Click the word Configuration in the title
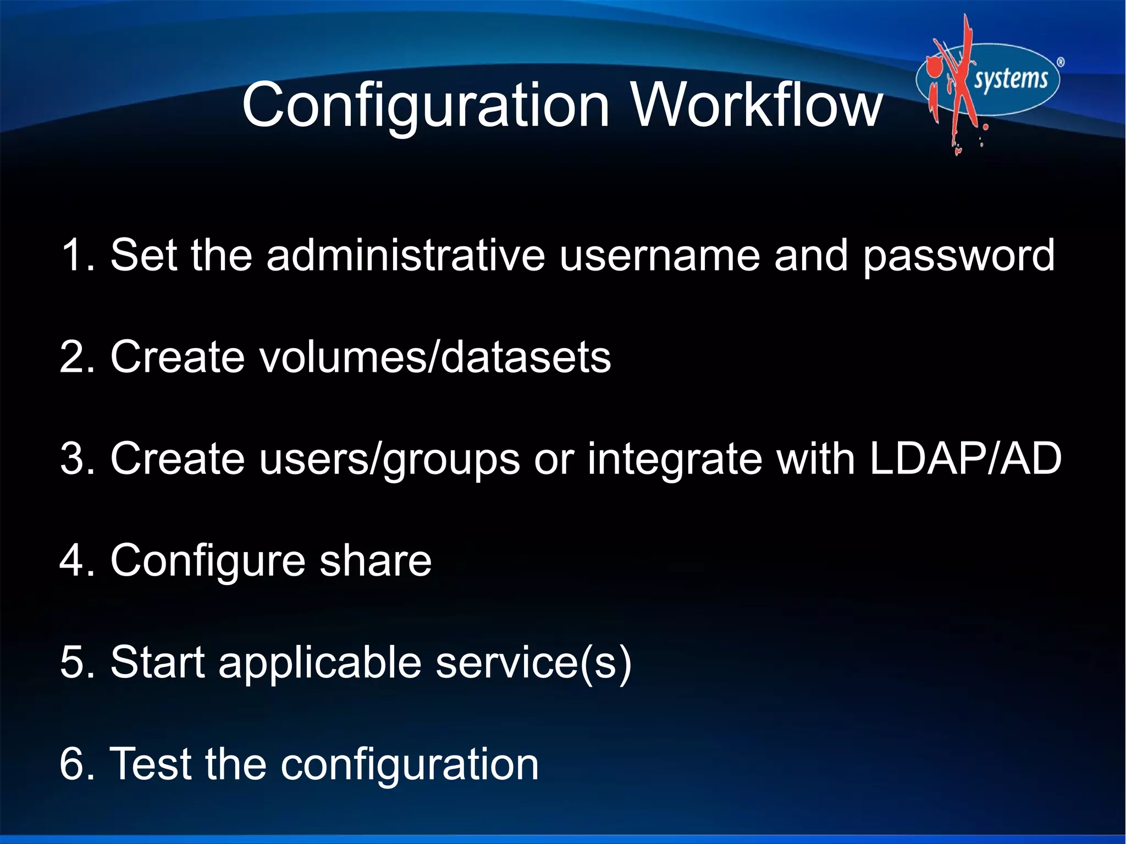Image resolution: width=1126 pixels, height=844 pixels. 426,106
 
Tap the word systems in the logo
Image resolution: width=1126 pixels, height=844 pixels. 1011,79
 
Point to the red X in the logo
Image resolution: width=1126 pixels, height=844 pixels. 959,82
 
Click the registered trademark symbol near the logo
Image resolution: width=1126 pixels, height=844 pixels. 1061,63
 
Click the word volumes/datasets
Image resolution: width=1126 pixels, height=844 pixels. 435,357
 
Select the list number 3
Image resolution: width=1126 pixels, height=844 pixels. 76,459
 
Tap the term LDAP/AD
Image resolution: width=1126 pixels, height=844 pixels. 965,459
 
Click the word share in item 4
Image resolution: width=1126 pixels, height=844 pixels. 376,560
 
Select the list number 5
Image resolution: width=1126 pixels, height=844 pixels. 76,662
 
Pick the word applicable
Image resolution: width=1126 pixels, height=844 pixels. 320,663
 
